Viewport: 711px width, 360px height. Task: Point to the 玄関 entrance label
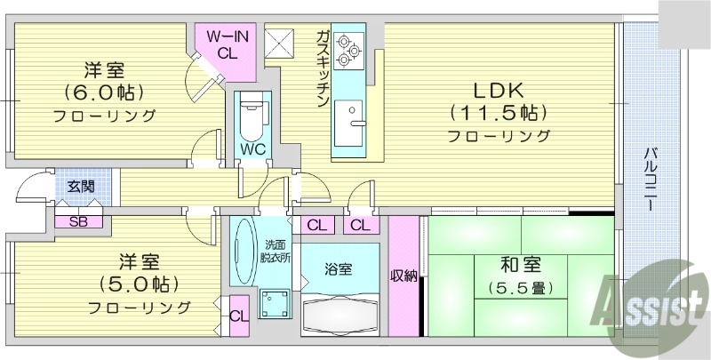coord(80,187)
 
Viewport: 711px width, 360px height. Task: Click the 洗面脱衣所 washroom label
coord(273,252)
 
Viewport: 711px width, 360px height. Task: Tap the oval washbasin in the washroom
coord(243,252)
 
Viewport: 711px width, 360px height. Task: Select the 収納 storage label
coord(403,276)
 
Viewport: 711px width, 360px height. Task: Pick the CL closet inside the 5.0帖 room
coord(238,316)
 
